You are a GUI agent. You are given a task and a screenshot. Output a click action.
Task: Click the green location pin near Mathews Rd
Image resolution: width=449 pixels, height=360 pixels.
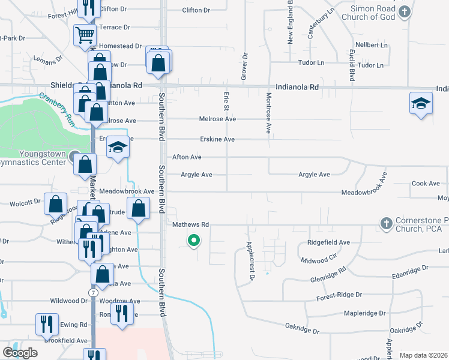(x=193, y=241)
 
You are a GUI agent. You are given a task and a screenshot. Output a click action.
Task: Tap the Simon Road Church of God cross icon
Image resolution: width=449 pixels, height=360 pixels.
(x=405, y=11)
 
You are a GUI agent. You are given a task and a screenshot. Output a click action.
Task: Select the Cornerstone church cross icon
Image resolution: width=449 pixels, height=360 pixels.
(x=386, y=224)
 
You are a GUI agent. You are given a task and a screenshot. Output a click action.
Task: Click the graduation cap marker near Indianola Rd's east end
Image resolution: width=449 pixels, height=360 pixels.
(x=421, y=104)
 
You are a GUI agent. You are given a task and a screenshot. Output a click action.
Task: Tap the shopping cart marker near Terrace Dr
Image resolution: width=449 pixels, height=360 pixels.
(x=85, y=35)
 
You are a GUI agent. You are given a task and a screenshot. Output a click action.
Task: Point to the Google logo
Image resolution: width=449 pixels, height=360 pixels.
(x=19, y=352)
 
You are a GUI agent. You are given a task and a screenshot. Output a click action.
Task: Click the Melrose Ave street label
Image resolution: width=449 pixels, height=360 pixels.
(x=217, y=119)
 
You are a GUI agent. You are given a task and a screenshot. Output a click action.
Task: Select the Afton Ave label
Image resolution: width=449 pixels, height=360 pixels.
(x=187, y=157)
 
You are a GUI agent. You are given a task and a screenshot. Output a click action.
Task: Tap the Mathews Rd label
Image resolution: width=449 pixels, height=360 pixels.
(x=190, y=224)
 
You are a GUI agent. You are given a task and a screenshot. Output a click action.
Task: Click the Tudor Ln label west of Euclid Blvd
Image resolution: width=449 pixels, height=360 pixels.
(x=312, y=62)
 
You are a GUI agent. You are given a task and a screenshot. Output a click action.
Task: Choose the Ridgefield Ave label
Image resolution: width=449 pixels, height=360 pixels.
(x=328, y=242)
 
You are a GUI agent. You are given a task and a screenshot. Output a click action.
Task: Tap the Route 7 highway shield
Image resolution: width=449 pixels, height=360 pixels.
(x=93, y=292)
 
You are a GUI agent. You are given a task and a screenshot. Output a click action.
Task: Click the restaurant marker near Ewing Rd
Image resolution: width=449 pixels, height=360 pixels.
(x=46, y=324)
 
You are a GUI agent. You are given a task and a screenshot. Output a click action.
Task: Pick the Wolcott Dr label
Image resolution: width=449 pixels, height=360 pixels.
(x=25, y=203)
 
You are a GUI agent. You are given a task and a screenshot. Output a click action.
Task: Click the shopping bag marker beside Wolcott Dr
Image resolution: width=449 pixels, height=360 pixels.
(x=55, y=204)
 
